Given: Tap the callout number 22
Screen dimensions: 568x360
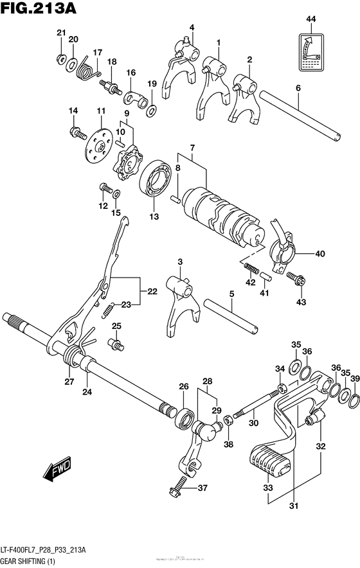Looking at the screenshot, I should tap(152, 292).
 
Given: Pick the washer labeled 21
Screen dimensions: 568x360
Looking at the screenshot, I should tap(60, 59).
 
